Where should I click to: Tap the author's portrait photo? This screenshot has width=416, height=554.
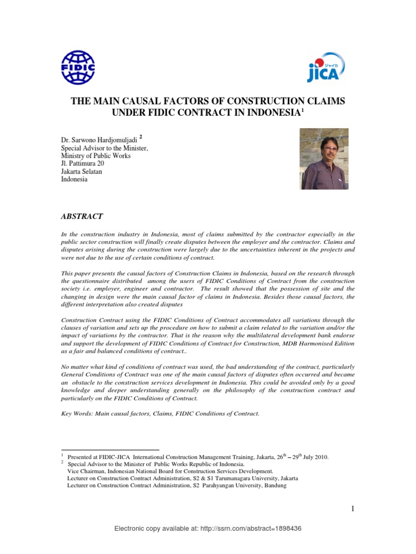[x=324, y=159]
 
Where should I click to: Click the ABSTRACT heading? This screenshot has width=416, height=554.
[x=83, y=216]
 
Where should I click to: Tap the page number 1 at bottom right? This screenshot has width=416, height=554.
[x=352, y=509]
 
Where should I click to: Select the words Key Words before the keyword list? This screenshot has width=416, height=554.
[x=76, y=414]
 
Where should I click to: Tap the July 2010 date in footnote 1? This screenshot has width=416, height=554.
[x=316, y=457]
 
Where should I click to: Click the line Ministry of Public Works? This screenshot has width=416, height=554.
[x=95, y=156]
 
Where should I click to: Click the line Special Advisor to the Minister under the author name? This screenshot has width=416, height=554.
[x=103, y=148]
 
